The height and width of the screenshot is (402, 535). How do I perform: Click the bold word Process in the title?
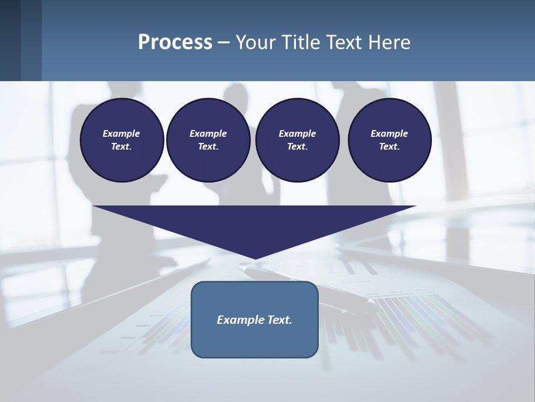[175, 42]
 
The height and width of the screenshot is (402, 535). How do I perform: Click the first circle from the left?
[121, 140]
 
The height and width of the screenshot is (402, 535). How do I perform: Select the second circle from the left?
[208, 140]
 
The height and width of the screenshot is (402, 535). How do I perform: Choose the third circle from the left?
[297, 140]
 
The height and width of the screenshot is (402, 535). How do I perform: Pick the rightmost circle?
[390, 140]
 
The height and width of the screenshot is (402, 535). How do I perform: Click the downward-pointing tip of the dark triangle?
[255, 257]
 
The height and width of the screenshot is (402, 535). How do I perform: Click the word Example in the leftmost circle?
[121, 133]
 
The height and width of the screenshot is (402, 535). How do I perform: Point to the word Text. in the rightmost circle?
[390, 147]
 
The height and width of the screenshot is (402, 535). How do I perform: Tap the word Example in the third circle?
[297, 133]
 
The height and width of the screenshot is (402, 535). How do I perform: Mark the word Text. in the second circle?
[208, 147]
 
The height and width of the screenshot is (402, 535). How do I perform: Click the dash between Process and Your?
[223, 42]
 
